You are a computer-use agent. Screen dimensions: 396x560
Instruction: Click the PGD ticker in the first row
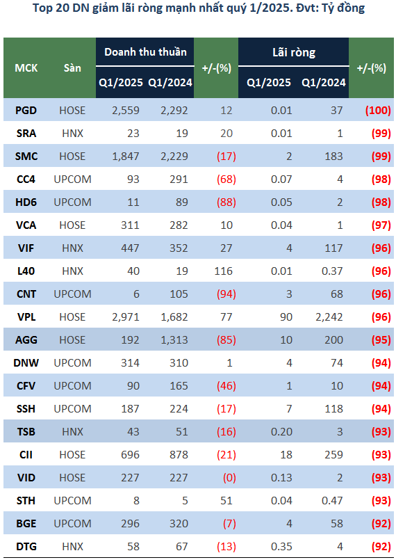tap(26, 111)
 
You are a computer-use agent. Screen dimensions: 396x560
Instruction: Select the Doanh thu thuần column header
tap(145, 52)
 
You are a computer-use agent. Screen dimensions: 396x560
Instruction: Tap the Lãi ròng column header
tap(294, 52)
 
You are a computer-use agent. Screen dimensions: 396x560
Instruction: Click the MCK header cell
tap(26, 68)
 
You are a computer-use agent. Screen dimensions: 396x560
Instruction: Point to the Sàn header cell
tap(72, 68)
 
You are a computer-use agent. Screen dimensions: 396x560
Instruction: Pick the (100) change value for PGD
tap(378, 111)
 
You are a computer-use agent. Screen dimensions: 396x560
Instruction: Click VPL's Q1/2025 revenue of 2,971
tap(126, 317)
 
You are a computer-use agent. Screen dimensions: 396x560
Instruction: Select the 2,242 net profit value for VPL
tap(329, 317)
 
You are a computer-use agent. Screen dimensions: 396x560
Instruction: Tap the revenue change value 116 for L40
tap(224, 271)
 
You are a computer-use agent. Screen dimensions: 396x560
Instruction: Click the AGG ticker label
tap(26, 340)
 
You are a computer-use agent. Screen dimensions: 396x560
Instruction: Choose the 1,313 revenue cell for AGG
tap(174, 340)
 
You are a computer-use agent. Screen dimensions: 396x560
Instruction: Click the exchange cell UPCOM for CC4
tap(72, 179)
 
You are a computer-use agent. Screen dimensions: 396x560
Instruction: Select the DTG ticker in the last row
tap(26, 546)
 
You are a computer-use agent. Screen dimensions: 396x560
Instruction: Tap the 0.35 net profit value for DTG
tap(281, 546)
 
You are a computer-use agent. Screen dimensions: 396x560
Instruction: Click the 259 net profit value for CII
tap(333, 455)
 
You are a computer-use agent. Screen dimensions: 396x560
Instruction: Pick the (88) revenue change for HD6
tap(226, 202)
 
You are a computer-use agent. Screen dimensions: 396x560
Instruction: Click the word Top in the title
tap(42, 8)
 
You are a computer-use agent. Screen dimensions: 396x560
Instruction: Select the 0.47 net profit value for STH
tap(332, 501)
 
